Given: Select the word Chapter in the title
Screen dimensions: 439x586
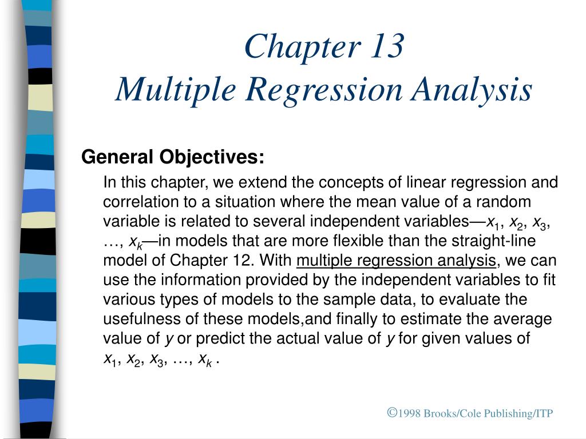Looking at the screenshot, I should tap(297, 47).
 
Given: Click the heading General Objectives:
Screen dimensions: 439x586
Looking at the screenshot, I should tap(173, 157).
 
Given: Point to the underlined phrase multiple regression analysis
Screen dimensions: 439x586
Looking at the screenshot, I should tap(397, 261).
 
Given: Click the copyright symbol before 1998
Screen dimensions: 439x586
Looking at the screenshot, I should tap(392, 412).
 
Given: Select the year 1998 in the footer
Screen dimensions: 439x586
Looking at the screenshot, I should tap(410, 413).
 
